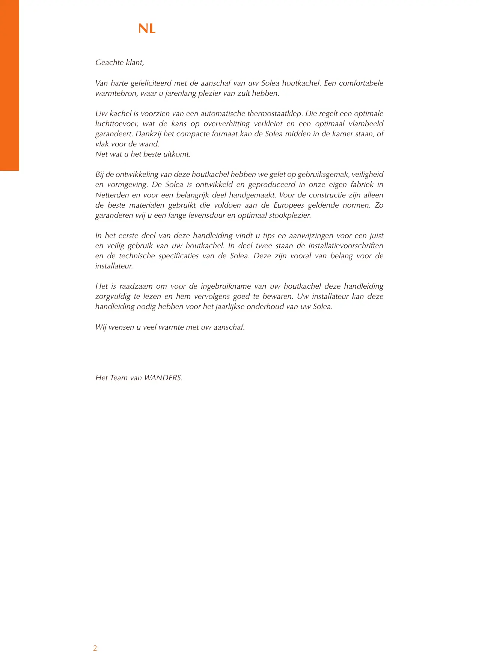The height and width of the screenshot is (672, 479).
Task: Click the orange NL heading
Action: coord(147,29)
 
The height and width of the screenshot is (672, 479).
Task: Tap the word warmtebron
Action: coord(116,93)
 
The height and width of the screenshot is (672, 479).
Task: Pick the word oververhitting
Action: coord(226,124)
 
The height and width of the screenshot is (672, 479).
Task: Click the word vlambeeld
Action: coord(366,124)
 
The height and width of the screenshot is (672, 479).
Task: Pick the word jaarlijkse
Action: coord(230,306)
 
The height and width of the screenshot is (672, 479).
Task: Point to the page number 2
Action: coord(95,648)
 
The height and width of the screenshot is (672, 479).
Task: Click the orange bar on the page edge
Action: coord(9,85)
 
